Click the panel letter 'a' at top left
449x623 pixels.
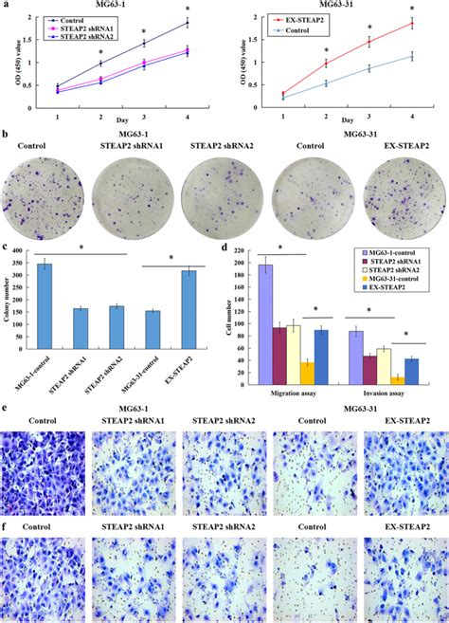(7, 7)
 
